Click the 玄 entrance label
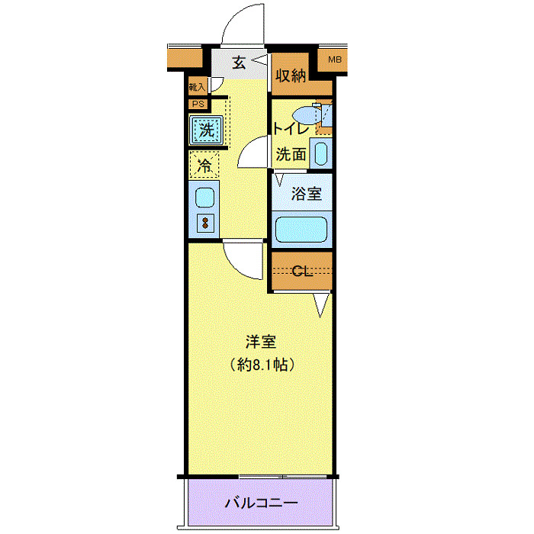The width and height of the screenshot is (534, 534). (x=239, y=63)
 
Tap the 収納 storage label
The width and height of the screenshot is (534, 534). (x=291, y=76)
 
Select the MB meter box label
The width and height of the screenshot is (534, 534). (x=334, y=60)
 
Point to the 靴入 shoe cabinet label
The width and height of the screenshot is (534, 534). (x=197, y=88)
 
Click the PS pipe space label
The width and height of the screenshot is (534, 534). (x=198, y=105)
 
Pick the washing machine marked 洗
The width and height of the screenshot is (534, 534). (x=206, y=130)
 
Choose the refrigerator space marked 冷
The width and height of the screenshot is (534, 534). (x=204, y=164)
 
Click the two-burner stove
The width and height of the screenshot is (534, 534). (x=204, y=223)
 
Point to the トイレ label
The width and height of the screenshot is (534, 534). (x=291, y=129)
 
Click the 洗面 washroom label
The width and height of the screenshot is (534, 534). (x=291, y=154)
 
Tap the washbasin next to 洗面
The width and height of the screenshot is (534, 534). (x=321, y=153)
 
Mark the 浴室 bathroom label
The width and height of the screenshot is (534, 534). (x=307, y=194)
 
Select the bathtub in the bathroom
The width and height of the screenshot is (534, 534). (x=301, y=229)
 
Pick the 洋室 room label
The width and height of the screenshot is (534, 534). (x=259, y=341)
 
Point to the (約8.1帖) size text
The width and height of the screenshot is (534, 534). (x=259, y=365)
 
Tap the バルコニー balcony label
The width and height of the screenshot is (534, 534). (x=260, y=503)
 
